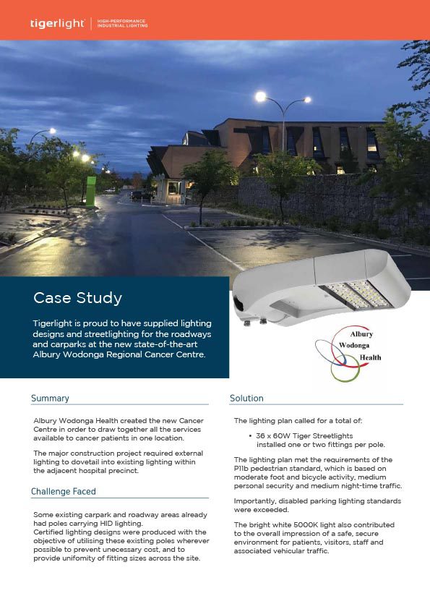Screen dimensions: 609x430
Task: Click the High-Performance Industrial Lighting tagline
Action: point(123,24)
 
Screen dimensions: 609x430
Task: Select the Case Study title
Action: point(78,298)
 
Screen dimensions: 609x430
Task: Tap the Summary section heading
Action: point(50,399)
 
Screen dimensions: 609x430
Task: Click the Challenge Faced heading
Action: point(64,492)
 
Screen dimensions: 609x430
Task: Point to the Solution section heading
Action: point(246,399)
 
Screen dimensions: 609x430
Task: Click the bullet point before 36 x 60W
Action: point(249,438)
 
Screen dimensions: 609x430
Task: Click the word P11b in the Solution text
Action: point(242,469)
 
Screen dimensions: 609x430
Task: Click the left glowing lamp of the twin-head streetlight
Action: point(260,95)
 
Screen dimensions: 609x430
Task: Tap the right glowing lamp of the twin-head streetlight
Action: point(307,101)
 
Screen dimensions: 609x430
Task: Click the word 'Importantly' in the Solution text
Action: point(254,501)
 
